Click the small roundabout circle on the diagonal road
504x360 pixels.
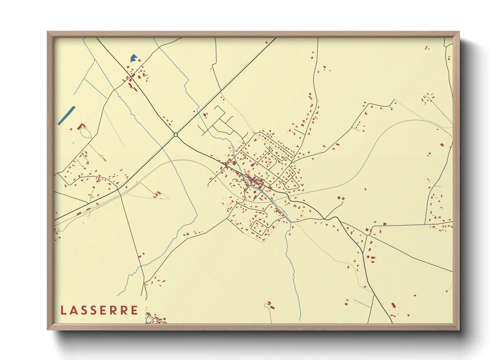(176, 135)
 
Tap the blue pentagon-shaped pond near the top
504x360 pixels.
(133, 58)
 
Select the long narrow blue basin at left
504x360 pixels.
(66, 116)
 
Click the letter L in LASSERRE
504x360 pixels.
(63, 310)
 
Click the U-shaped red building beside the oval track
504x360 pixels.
(80, 127)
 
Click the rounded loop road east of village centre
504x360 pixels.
(292, 184)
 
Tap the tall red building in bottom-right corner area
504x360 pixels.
(393, 305)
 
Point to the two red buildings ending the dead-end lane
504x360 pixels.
(341, 198)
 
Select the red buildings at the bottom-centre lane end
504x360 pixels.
(270, 305)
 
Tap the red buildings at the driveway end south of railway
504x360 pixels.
(157, 194)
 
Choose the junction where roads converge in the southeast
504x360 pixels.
(368, 234)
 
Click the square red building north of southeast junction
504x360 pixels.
(384, 224)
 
